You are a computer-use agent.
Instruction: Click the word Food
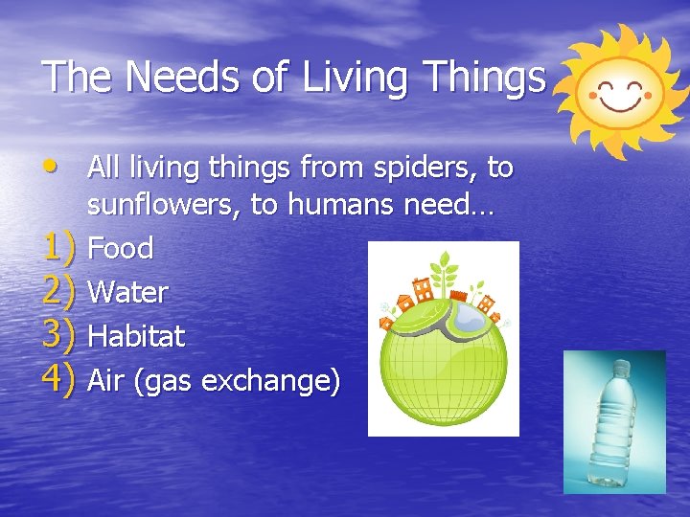tap(120, 249)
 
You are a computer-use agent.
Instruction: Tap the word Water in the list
tap(127, 292)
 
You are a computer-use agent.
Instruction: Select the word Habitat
tap(135, 336)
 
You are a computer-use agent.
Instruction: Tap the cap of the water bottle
tap(621, 368)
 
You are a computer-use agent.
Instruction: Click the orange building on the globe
tap(419, 288)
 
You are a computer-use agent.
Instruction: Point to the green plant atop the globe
tap(444, 268)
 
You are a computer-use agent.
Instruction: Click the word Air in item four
tap(105, 380)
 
